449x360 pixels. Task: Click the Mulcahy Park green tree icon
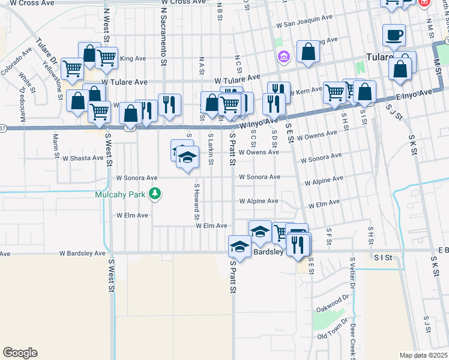155,193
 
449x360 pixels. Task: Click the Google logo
20,353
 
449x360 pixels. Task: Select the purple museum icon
283,57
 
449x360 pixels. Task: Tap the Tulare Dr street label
46,52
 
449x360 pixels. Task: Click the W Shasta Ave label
83,158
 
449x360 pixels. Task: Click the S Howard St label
196,201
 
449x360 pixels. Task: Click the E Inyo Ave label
414,95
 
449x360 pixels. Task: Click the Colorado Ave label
15,62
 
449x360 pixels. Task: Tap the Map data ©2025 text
424,355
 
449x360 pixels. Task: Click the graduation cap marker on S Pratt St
240,247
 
